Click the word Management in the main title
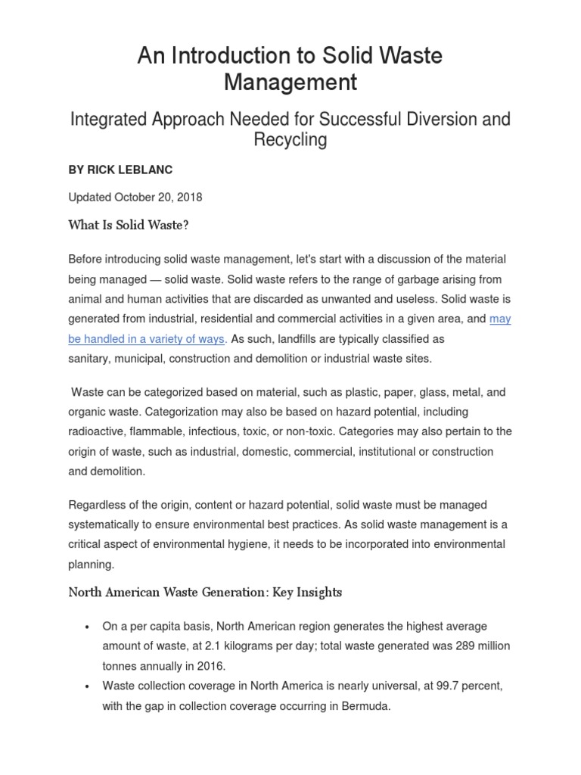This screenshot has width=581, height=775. [290, 82]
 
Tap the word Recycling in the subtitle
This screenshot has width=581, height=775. [290, 139]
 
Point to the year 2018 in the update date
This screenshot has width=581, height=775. [188, 197]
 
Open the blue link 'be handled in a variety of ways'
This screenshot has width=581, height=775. [147, 339]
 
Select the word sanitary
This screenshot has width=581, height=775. [89, 359]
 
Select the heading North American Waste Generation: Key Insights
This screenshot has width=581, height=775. [205, 593]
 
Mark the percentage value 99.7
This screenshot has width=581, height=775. [430, 685]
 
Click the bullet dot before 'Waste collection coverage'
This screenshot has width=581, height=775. [89, 686]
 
